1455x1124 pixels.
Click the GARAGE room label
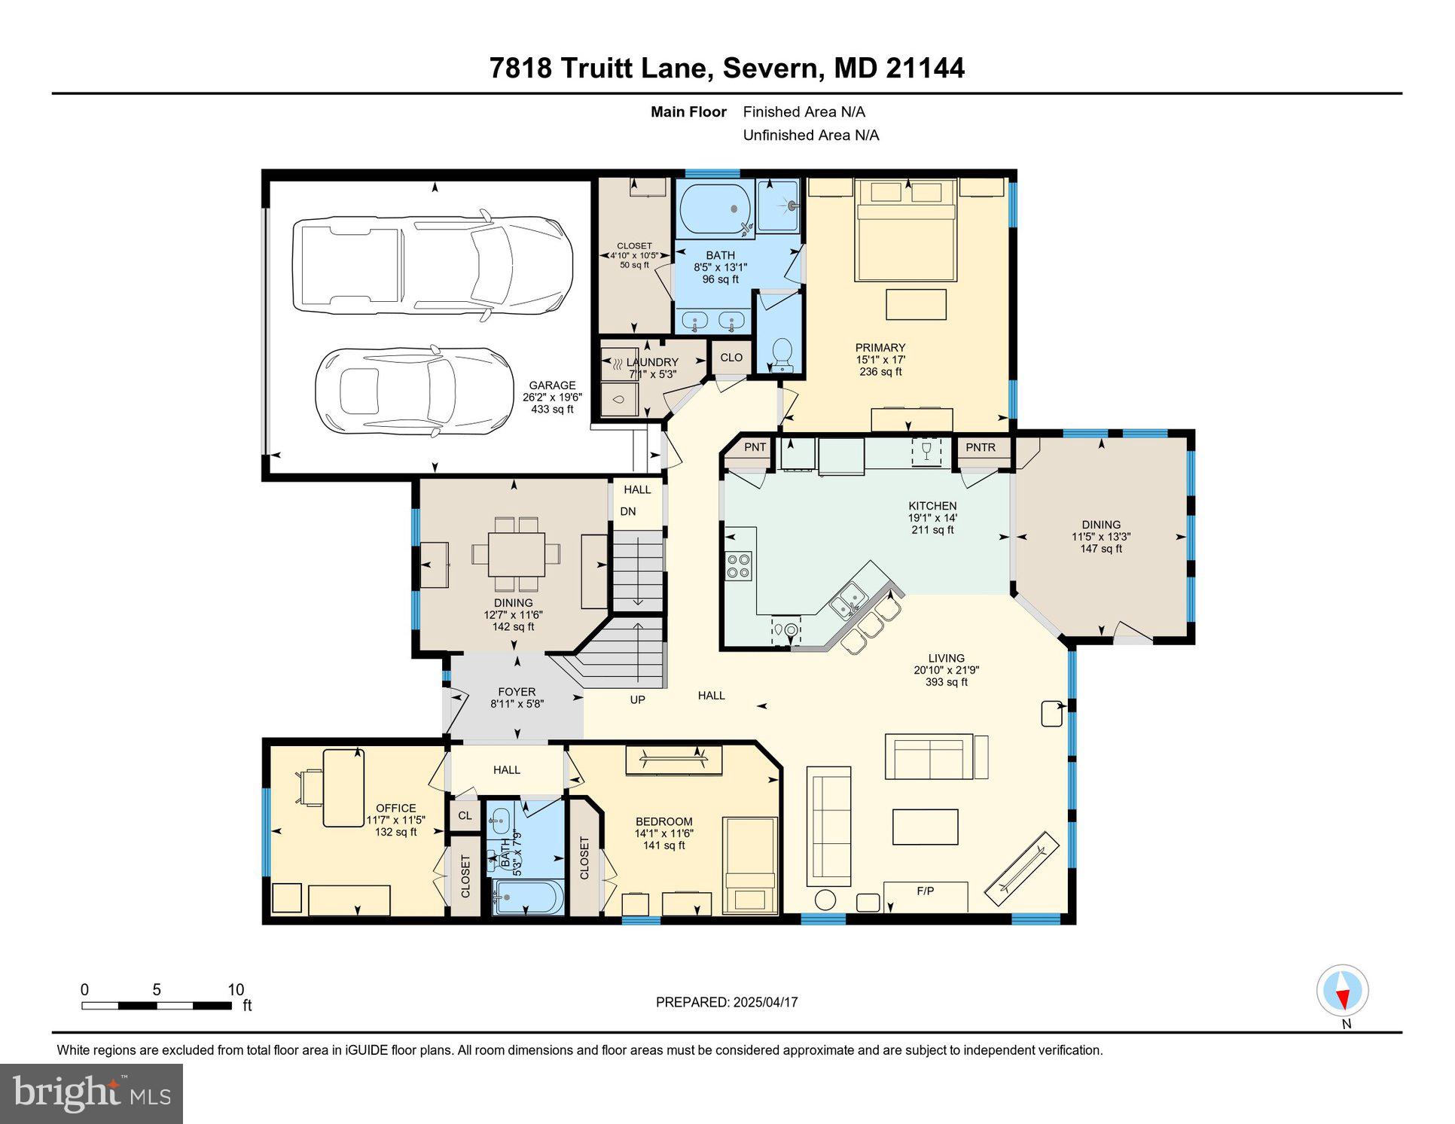(x=552, y=385)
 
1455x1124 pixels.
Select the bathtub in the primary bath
(x=715, y=209)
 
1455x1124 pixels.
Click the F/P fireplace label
(x=925, y=891)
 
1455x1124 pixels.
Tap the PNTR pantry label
(x=981, y=447)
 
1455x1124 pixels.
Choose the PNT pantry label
(x=755, y=447)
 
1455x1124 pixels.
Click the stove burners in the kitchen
(x=738, y=565)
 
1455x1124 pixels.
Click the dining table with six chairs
(x=516, y=554)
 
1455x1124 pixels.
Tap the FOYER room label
(x=517, y=692)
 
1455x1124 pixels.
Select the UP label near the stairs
(x=637, y=700)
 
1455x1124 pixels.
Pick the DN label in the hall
(x=628, y=512)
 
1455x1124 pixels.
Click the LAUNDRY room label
(x=652, y=362)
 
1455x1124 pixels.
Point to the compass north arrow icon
(x=1342, y=991)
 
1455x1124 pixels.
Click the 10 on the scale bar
(x=236, y=990)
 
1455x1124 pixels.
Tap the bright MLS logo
(x=91, y=1094)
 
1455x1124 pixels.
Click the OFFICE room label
(x=396, y=808)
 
